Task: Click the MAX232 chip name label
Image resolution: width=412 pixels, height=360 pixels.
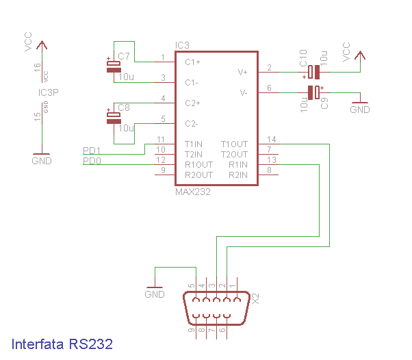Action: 193,192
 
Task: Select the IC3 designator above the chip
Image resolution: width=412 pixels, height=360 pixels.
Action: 182,45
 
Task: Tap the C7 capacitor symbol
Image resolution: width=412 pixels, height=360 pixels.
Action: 113,66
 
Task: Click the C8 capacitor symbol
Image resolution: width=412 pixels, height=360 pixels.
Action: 113,117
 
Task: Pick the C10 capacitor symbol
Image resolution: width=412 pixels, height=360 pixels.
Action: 313,71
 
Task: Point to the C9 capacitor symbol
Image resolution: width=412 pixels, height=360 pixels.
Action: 313,92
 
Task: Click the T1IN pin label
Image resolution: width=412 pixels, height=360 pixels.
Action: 194,144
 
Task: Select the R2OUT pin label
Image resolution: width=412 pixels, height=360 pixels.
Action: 198,175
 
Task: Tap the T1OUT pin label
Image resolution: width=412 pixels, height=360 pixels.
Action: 234,144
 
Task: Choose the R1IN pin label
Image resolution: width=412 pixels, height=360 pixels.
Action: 238,164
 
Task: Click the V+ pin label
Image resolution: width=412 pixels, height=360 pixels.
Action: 243,71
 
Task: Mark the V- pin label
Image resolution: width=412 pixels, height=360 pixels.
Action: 243,92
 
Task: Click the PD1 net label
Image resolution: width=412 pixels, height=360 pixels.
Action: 92,151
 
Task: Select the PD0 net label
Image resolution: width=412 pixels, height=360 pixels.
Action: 92,161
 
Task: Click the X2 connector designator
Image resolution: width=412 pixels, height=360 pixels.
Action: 256,299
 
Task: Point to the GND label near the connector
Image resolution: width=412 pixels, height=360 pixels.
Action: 155,294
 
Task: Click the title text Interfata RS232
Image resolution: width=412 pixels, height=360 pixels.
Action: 62,344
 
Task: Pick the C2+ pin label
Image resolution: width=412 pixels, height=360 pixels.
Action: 192,103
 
